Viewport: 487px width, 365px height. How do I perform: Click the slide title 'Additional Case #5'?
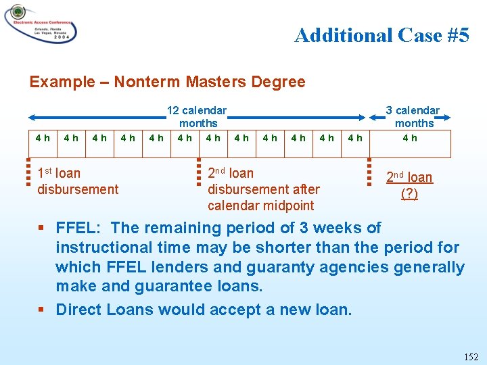coord(381,35)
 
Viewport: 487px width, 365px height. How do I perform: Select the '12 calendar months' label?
coord(197,116)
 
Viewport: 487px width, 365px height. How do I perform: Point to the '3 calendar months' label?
coord(413,116)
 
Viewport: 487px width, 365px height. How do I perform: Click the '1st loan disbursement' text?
coord(77,181)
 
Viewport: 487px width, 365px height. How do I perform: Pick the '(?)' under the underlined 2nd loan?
coord(409,193)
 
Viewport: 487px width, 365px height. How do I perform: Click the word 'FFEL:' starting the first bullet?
coord(79,228)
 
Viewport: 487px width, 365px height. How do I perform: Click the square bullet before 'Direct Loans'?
coord(43,310)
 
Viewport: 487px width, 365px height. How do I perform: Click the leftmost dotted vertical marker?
coord(28,172)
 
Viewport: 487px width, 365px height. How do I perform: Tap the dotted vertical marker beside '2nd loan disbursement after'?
coord(199,172)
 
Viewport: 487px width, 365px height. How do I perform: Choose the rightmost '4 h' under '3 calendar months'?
coord(410,138)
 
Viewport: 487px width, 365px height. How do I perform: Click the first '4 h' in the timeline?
coord(42,138)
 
